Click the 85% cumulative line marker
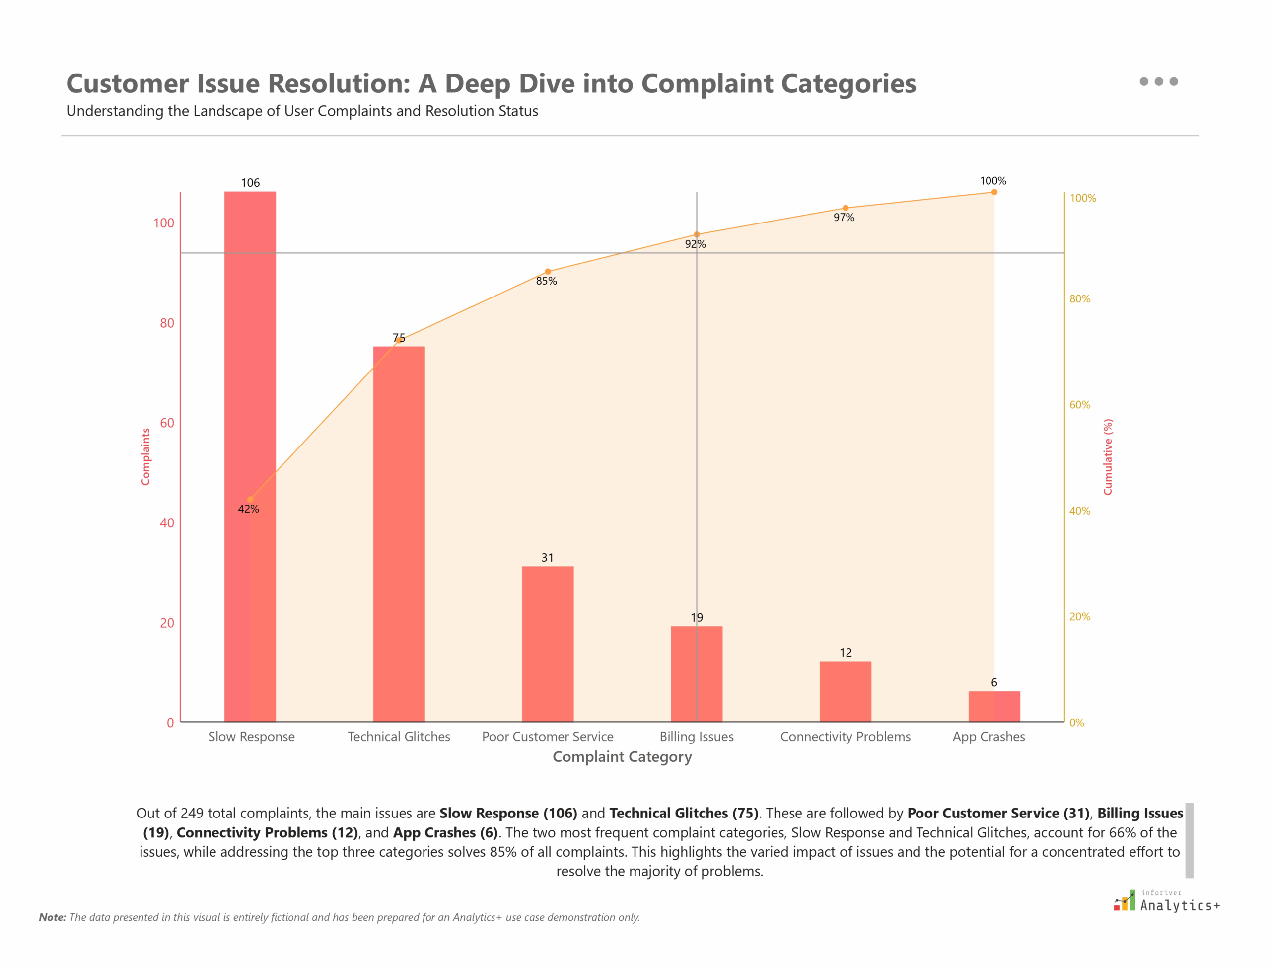(547, 271)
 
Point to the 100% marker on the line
(993, 192)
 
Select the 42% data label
(248, 509)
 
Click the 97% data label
(844, 218)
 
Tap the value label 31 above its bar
(547, 557)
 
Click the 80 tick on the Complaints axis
(167, 323)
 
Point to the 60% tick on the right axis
(1079, 405)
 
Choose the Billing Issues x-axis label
(696, 736)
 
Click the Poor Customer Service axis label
(547, 736)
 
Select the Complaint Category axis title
(622, 757)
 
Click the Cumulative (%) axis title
(1107, 456)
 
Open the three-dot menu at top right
(1158, 81)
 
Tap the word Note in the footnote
(52, 917)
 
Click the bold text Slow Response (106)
(507, 813)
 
